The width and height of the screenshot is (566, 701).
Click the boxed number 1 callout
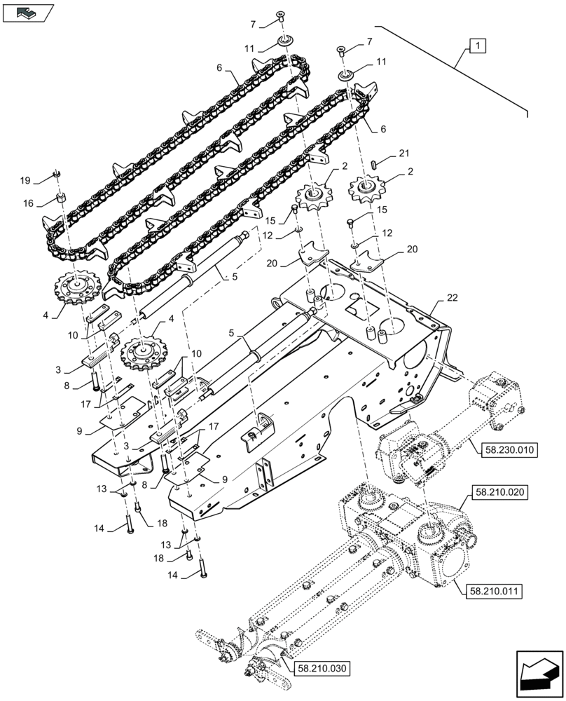pyautogui.click(x=477, y=46)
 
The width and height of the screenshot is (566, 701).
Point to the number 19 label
pyautogui.click(x=25, y=181)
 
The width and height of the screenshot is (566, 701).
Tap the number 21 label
pyautogui.click(x=403, y=153)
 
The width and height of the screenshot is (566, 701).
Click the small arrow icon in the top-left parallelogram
pyautogui.click(x=27, y=11)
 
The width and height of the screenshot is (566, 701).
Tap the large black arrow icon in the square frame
pyautogui.click(x=539, y=675)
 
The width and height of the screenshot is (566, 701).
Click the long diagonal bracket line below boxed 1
pyautogui.click(x=455, y=70)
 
